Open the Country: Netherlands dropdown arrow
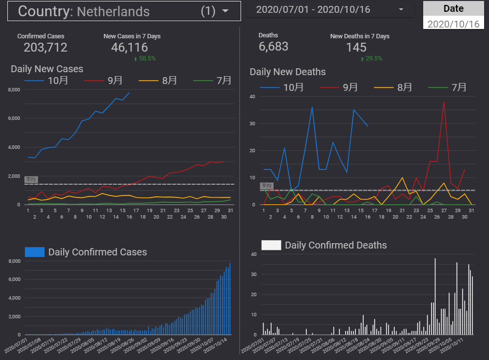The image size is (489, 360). pyautogui.click(x=225, y=11)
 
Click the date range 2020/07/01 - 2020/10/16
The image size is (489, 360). pyautogui.click(x=313, y=9)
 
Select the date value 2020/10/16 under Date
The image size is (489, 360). pyautogui.click(x=453, y=24)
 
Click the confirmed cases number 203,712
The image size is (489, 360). pyautogui.click(x=45, y=48)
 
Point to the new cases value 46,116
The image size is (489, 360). pyautogui.click(x=130, y=48)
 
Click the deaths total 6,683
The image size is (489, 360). pyautogui.click(x=273, y=47)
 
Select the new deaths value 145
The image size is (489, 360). pyautogui.click(x=356, y=48)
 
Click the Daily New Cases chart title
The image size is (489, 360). pyautogui.click(x=47, y=69)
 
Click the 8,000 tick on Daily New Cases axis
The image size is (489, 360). pyautogui.click(x=14, y=89)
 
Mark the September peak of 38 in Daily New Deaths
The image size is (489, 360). pyautogui.click(x=444, y=102)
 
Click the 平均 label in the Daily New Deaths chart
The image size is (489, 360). pyautogui.click(x=266, y=186)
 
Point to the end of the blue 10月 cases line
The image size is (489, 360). pyautogui.click(x=129, y=93)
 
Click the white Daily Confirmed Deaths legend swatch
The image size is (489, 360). pyautogui.click(x=271, y=245)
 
